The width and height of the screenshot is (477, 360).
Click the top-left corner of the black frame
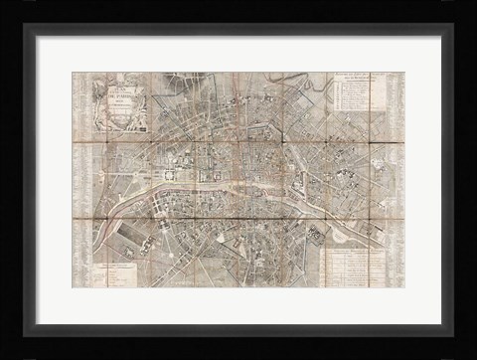[x=4, y=4]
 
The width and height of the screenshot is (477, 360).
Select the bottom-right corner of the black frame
[x=472, y=356]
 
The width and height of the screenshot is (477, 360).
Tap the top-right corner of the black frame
[x=472, y=4]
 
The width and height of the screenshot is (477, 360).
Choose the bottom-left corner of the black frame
[x=4, y=356]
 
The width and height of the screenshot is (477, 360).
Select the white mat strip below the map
[x=238, y=303]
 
